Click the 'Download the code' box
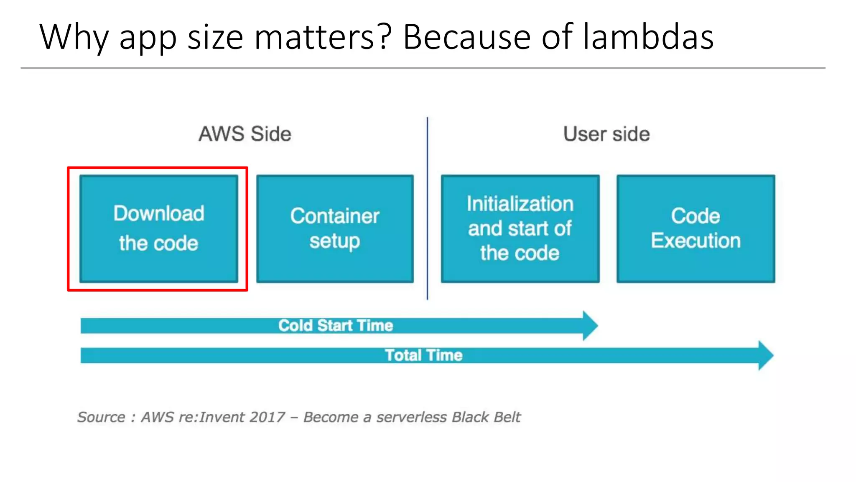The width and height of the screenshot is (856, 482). pos(158,228)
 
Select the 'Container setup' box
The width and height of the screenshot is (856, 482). pos(335,228)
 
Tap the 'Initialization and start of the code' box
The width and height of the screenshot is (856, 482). pos(520,228)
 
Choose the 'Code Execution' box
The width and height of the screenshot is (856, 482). pos(695,228)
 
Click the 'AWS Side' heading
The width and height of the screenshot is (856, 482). pos(245,134)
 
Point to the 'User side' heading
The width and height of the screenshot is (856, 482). pos(606,134)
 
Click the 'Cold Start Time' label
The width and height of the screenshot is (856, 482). pos(336,326)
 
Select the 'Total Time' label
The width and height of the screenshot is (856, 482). pos(423,355)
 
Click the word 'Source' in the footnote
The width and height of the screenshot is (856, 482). pos(101,417)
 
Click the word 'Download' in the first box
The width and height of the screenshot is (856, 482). pos(159,213)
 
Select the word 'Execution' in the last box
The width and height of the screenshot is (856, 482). pos(695,241)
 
